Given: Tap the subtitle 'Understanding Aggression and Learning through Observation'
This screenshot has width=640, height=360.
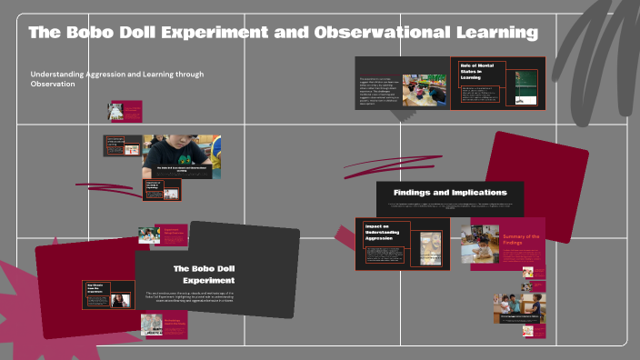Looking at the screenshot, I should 116,78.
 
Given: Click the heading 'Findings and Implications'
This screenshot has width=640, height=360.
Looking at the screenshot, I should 450,193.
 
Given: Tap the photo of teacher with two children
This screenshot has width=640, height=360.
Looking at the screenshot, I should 514,307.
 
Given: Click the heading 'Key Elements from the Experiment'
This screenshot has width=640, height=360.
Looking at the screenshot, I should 95,289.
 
